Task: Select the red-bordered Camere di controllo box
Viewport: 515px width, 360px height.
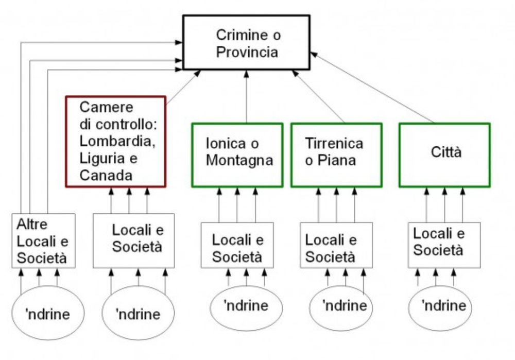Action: tap(115, 141)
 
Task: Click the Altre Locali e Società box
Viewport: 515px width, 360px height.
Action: tap(43, 241)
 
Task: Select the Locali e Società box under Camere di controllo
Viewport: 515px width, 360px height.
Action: tap(138, 241)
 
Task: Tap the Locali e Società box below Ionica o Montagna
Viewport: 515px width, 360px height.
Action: tap(237, 245)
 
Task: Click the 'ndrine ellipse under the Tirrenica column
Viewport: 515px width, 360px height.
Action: tap(345, 307)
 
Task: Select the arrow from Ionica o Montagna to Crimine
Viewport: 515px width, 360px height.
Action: tap(247, 98)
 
